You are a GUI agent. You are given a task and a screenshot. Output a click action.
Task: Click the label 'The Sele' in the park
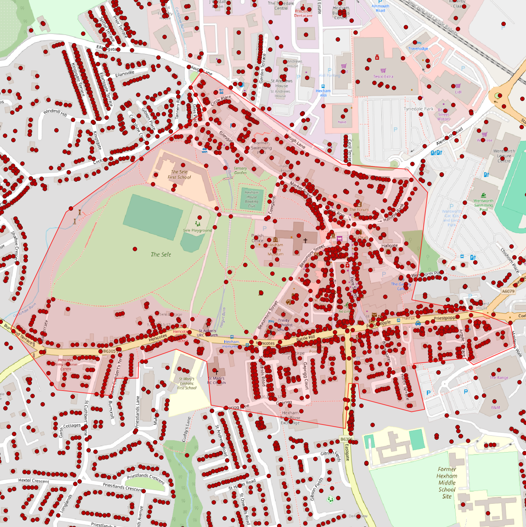tap(161, 254)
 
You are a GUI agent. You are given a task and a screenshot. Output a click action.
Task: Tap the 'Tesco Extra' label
tap(383, 76)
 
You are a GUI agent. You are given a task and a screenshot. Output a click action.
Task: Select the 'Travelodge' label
tap(418, 49)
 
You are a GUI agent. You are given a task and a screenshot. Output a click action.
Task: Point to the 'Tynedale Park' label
tap(419, 109)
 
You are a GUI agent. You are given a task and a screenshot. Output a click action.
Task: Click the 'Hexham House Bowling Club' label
tap(251, 199)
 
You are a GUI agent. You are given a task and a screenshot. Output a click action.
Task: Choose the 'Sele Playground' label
tap(198, 230)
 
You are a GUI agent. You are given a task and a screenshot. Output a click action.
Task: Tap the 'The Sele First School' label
tap(179, 174)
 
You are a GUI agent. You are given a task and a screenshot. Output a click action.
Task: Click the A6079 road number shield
tap(508, 291)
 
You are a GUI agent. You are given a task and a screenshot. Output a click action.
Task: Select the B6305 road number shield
tap(109, 351)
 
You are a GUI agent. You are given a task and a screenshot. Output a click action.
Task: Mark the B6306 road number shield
tap(346, 439)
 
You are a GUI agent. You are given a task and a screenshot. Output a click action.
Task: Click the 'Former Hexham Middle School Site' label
tap(447, 482)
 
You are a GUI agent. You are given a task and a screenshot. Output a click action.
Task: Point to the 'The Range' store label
tap(499, 378)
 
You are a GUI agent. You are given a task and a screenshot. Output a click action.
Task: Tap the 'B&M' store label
tap(495, 408)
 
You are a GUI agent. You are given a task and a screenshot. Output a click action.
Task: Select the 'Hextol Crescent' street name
tap(34, 481)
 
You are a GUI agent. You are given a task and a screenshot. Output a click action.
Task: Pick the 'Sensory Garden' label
tap(240, 170)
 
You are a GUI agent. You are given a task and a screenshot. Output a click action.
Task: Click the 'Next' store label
tap(342, 122)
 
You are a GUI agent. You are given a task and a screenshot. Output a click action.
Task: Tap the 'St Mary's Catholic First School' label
tap(187, 383)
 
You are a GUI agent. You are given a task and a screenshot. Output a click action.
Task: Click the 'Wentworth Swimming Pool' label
tap(483, 205)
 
